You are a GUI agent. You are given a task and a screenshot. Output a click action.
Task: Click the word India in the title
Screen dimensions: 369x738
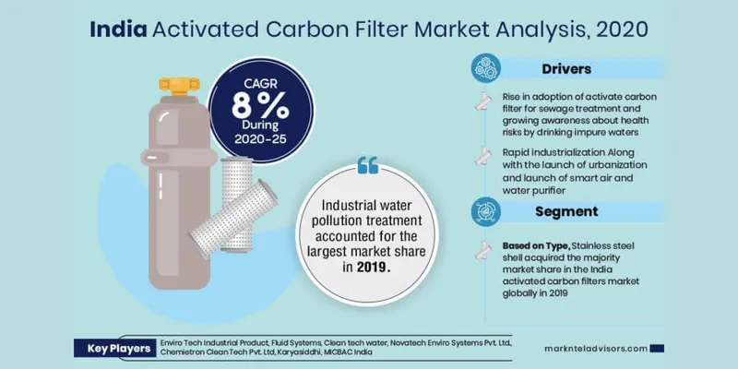click(117, 29)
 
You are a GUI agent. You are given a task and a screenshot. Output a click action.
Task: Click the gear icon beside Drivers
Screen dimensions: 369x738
click(488, 68)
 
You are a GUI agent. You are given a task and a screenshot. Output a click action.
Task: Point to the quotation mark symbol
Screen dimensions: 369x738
click(366, 164)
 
